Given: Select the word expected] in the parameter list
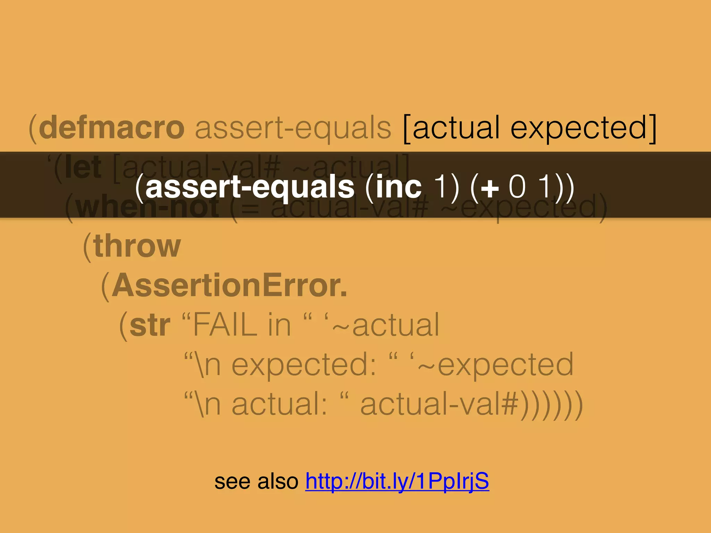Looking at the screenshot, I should point(584,128).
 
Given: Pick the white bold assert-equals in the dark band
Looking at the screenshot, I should point(250,187).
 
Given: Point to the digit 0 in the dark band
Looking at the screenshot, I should point(517,187).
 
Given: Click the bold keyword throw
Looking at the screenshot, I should point(137,246).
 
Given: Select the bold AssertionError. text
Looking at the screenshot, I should point(229,285).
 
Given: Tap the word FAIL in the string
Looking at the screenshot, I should point(225,325).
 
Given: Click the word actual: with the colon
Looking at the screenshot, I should point(279,405).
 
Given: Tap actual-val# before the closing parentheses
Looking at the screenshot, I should point(440,405).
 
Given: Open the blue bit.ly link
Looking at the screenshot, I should point(397,481).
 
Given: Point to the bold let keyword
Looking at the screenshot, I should point(83,168).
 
